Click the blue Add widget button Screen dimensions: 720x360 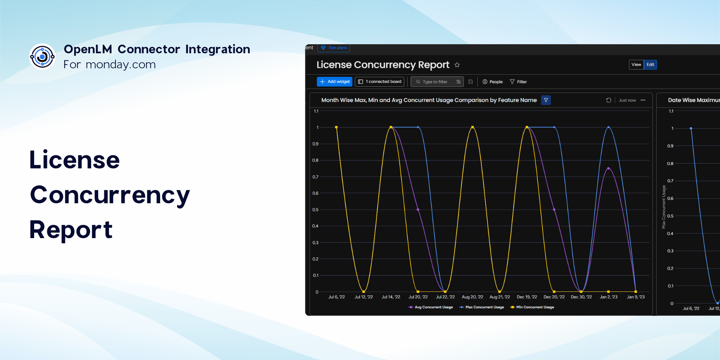(x=334, y=82)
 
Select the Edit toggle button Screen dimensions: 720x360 (x=650, y=64)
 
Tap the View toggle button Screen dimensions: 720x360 (x=636, y=64)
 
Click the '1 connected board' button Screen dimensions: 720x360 (x=379, y=82)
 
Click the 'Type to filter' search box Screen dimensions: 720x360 (x=437, y=82)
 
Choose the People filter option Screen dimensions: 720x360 (x=492, y=82)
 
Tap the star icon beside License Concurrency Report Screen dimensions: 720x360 (x=457, y=65)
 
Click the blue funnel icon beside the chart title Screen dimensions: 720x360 (x=546, y=100)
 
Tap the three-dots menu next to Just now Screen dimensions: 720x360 (x=643, y=100)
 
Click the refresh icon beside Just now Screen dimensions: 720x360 (x=609, y=100)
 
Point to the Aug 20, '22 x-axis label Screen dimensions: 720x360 (x=472, y=297)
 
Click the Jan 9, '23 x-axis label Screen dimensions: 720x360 (x=636, y=297)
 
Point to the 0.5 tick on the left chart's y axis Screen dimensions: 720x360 (x=315, y=210)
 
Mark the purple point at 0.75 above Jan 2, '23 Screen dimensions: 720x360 (x=608, y=168)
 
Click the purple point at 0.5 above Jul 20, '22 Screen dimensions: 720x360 (x=418, y=210)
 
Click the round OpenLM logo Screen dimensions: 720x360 (x=42, y=57)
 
